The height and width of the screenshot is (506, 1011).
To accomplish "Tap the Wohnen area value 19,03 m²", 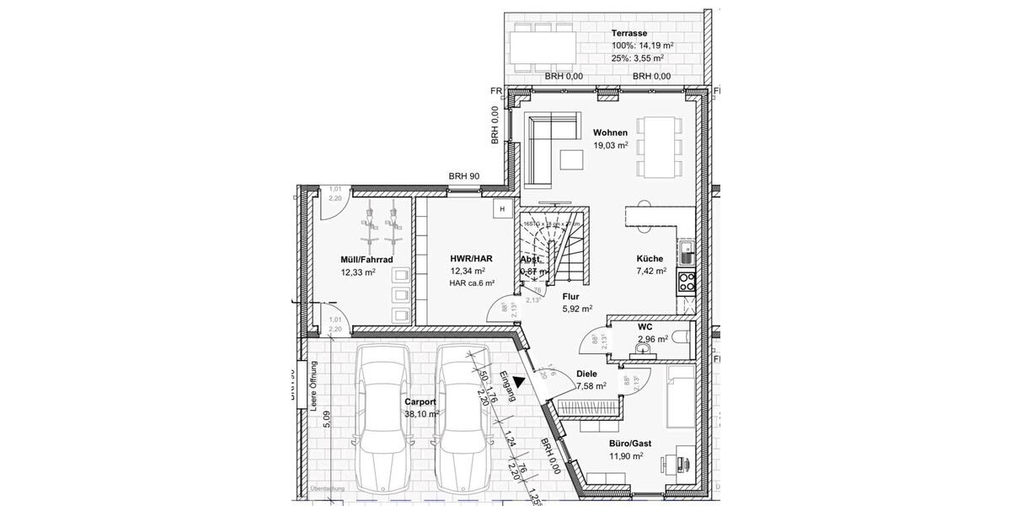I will tap(610, 146).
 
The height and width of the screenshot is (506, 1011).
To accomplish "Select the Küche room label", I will tap(650, 259).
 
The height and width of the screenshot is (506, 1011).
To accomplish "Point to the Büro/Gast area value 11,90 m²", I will tap(625, 455).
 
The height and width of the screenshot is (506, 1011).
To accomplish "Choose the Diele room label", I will tap(586, 374).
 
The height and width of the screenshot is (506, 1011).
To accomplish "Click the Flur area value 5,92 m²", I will tap(578, 309).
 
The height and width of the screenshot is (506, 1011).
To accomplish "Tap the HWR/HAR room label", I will tap(472, 259).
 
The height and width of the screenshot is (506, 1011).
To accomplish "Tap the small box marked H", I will tap(502, 208).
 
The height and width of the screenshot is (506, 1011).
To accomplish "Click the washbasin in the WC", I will tap(646, 347).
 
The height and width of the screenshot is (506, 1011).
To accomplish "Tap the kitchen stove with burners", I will tap(687, 280).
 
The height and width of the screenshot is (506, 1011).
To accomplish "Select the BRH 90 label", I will tap(464, 176).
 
